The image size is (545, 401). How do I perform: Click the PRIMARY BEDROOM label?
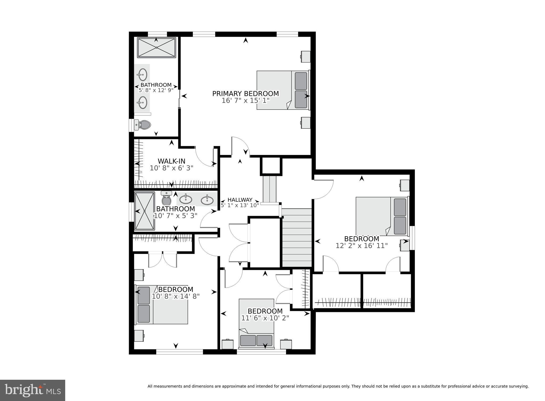(x=245, y=94)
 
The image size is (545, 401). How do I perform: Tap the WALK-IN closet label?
(x=171, y=161)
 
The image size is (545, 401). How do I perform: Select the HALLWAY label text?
(x=240, y=200)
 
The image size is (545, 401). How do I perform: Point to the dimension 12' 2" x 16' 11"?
(x=362, y=246)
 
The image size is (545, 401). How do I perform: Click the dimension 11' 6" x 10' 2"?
(x=265, y=318)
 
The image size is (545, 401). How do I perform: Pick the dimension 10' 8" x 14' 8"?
(x=176, y=296)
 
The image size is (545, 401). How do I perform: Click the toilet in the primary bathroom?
(x=143, y=124)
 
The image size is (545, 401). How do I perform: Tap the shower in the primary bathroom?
(x=156, y=47)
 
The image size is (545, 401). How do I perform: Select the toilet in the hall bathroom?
(x=167, y=199)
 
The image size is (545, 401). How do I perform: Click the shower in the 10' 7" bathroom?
(x=144, y=211)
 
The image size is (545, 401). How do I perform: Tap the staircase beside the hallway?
(x=296, y=238)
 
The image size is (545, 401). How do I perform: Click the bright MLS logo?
(x=32, y=390)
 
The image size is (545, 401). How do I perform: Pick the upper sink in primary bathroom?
(x=143, y=74)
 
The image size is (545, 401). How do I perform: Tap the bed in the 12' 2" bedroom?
(x=382, y=216)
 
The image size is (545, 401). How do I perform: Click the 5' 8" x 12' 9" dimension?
(x=156, y=90)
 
